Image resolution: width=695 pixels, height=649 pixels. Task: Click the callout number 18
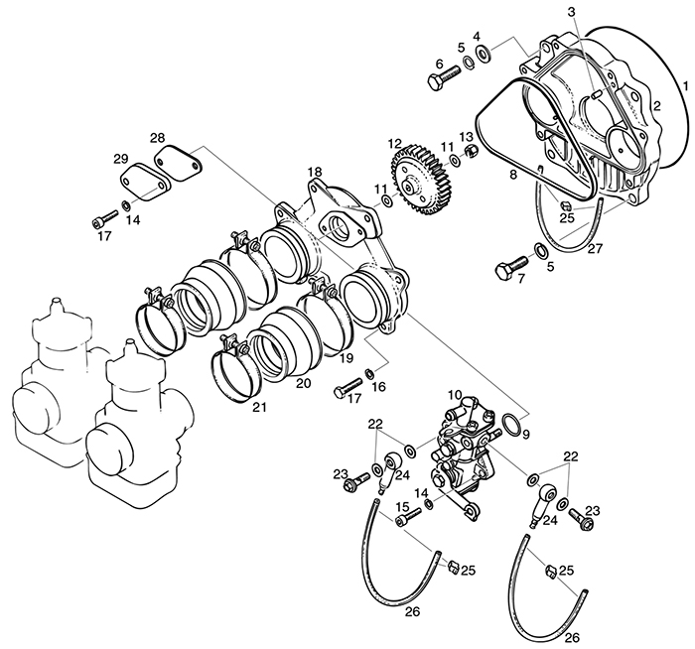click(314, 174)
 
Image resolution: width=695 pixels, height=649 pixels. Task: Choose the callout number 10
click(454, 395)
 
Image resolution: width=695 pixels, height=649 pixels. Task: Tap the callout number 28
click(157, 136)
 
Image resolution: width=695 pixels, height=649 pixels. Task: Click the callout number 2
click(655, 106)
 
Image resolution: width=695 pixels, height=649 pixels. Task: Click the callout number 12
click(395, 143)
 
